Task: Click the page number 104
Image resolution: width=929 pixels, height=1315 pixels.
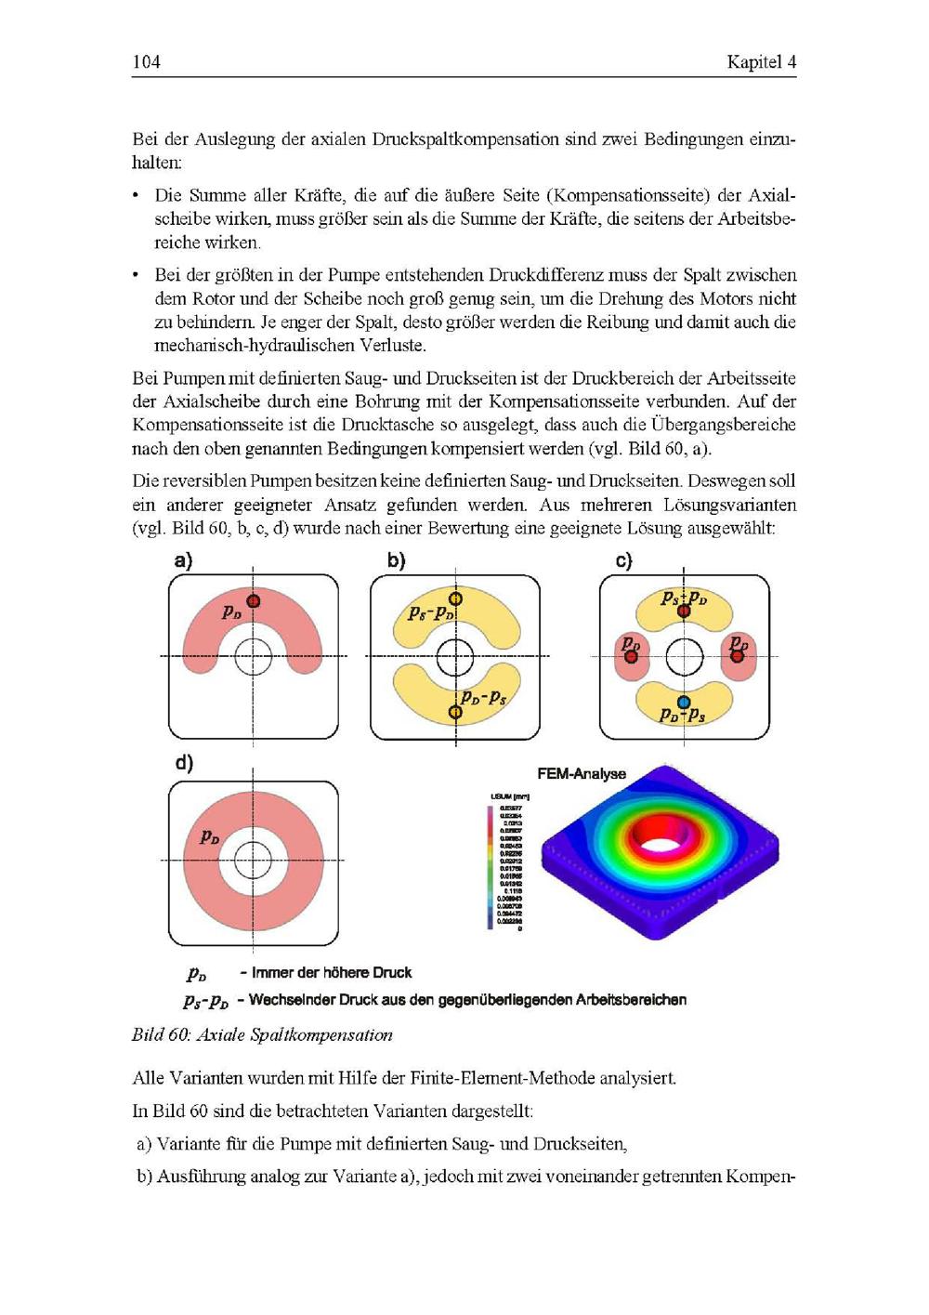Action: pos(146,62)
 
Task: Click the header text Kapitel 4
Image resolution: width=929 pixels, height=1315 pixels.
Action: pos(761,62)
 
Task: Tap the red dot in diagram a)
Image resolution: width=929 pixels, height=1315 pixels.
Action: pos(253,601)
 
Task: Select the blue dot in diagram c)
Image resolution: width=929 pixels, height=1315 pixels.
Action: pos(684,703)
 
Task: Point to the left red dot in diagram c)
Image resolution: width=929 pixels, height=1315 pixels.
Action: pos(631,656)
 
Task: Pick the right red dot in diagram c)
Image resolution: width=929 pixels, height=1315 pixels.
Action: pos(738,656)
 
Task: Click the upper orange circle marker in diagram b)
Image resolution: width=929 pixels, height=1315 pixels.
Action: pos(455,599)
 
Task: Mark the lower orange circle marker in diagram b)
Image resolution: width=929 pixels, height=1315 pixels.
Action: pos(455,713)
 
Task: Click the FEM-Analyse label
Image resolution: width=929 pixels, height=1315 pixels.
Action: pos(582,773)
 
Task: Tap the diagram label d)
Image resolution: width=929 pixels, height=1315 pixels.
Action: pos(184,763)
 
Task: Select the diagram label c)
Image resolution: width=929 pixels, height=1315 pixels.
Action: pos(623,561)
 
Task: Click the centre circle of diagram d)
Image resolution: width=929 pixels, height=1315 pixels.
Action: pos(253,861)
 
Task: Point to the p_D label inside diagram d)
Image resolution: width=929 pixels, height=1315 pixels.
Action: pos(210,837)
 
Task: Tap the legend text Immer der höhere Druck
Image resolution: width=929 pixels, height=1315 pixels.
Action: pos(332,973)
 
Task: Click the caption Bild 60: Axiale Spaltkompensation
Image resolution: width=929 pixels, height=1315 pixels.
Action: pos(262,1035)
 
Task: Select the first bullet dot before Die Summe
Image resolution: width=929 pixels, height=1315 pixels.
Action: pos(137,195)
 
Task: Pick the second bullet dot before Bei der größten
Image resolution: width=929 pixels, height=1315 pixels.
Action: pos(137,275)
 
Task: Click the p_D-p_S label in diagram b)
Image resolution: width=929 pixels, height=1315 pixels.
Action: pos(484,697)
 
